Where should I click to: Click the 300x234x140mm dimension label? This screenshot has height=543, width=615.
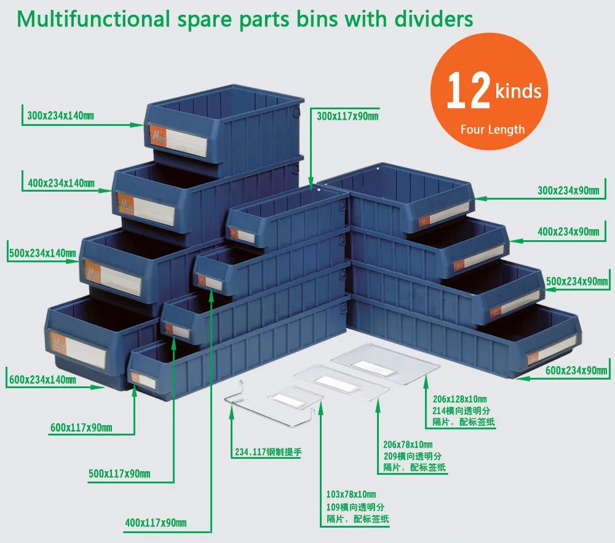coord(60,115)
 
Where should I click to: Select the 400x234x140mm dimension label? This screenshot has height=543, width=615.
coord(61,182)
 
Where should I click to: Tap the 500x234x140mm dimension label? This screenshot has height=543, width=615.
coord(42,252)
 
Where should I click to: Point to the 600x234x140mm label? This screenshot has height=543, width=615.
coord(42,380)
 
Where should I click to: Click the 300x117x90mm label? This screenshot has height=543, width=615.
coord(347,115)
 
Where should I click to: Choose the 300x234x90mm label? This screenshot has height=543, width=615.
coord(568,190)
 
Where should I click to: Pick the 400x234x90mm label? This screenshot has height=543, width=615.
coord(568,232)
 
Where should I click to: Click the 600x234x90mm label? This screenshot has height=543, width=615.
coord(576,370)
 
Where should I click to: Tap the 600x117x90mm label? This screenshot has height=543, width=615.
coord(81,427)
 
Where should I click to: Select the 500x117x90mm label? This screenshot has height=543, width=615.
coord(119,474)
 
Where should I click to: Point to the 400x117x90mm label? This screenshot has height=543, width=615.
coord(156,523)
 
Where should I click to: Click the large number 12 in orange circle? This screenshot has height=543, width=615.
coord(468,91)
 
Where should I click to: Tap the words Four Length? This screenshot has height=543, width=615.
coord(492,129)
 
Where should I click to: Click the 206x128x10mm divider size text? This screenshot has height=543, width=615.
coord(459,399)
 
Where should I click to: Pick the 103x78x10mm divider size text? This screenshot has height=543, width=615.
coord(351,494)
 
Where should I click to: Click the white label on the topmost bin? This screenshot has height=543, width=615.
coord(184,141)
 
